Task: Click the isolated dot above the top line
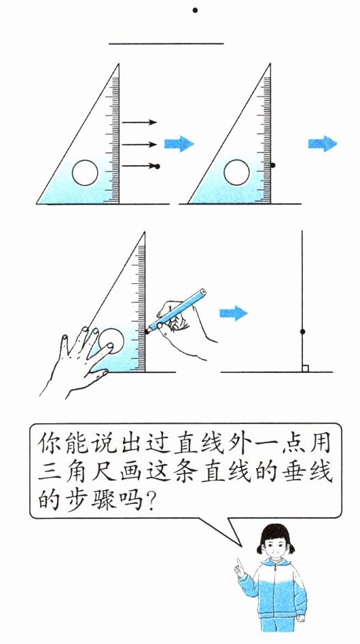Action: coord(195,10)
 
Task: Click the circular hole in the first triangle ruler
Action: coord(85,173)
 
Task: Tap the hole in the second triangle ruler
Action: coord(237,173)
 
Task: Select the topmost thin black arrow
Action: coord(139,122)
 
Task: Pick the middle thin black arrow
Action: coord(139,144)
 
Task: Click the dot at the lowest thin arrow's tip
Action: coord(157,166)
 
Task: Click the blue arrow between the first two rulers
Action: coord(179,144)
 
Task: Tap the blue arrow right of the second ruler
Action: coord(323,144)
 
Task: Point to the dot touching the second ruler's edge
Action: coord(272,165)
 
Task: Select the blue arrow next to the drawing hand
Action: coord(234,313)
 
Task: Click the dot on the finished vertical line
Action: coord(302,332)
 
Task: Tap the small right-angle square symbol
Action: coord(305,369)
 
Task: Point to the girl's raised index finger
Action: coord(238,565)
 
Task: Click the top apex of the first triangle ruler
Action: coord(119,64)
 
